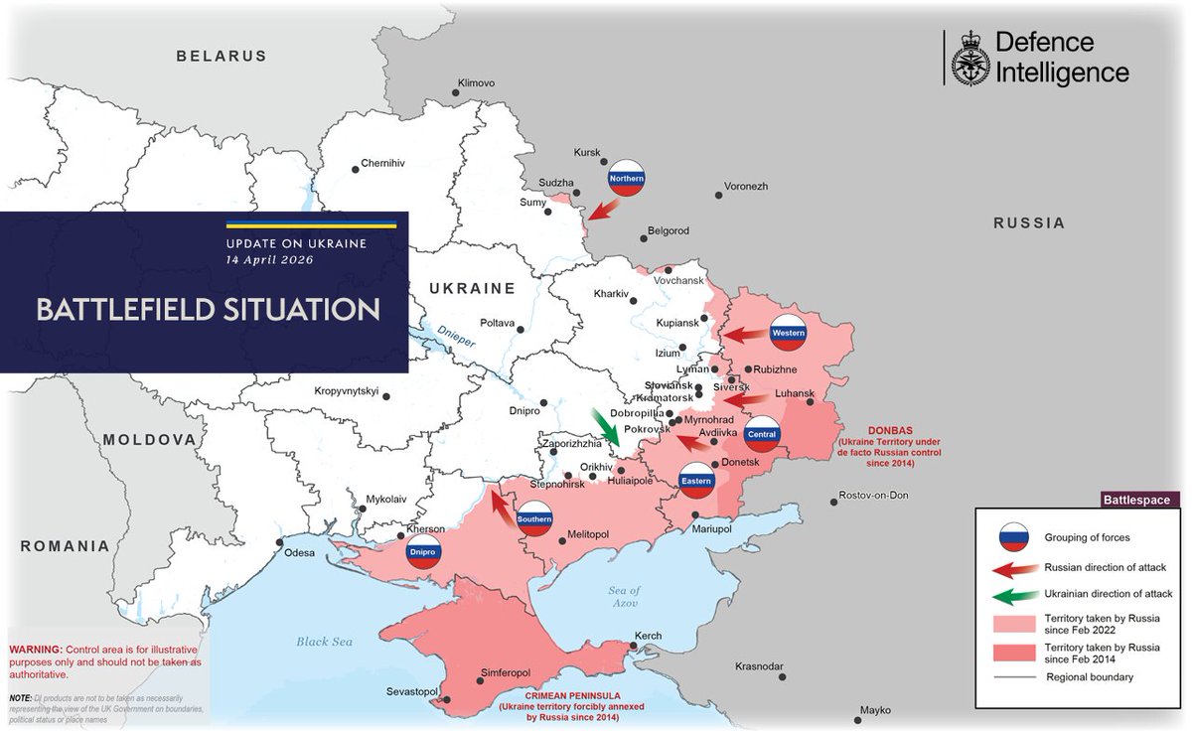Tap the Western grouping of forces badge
tap(788, 332)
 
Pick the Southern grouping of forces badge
tap(534, 517)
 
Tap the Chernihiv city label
tap(382, 163)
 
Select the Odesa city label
tap(301, 552)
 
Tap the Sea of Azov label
tap(625, 598)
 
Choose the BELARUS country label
tap(222, 57)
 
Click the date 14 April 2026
tap(268, 260)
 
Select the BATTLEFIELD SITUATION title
tap(208, 309)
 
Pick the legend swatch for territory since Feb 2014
tap(1013, 652)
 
